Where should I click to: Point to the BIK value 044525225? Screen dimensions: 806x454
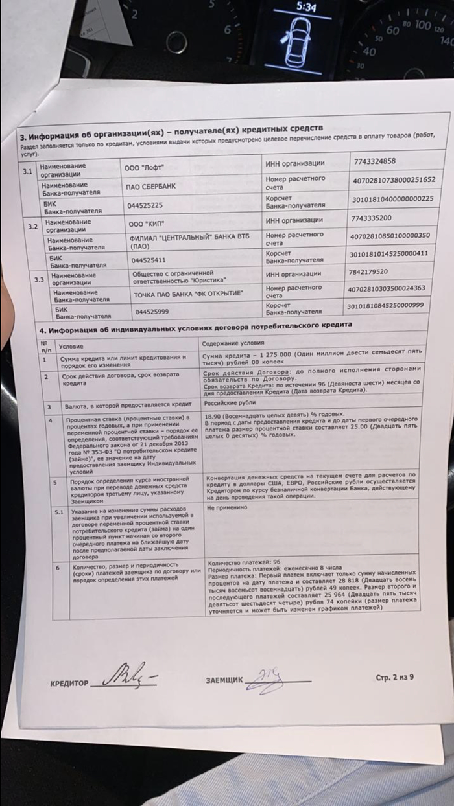point(144,205)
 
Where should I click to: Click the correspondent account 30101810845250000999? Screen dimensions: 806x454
point(385,305)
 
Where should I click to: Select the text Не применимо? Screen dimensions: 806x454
point(227,490)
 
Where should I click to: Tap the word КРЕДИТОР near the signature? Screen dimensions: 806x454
point(69,684)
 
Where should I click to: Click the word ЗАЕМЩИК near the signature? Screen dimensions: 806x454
point(224,680)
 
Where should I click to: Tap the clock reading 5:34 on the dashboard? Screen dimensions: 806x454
point(306,8)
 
